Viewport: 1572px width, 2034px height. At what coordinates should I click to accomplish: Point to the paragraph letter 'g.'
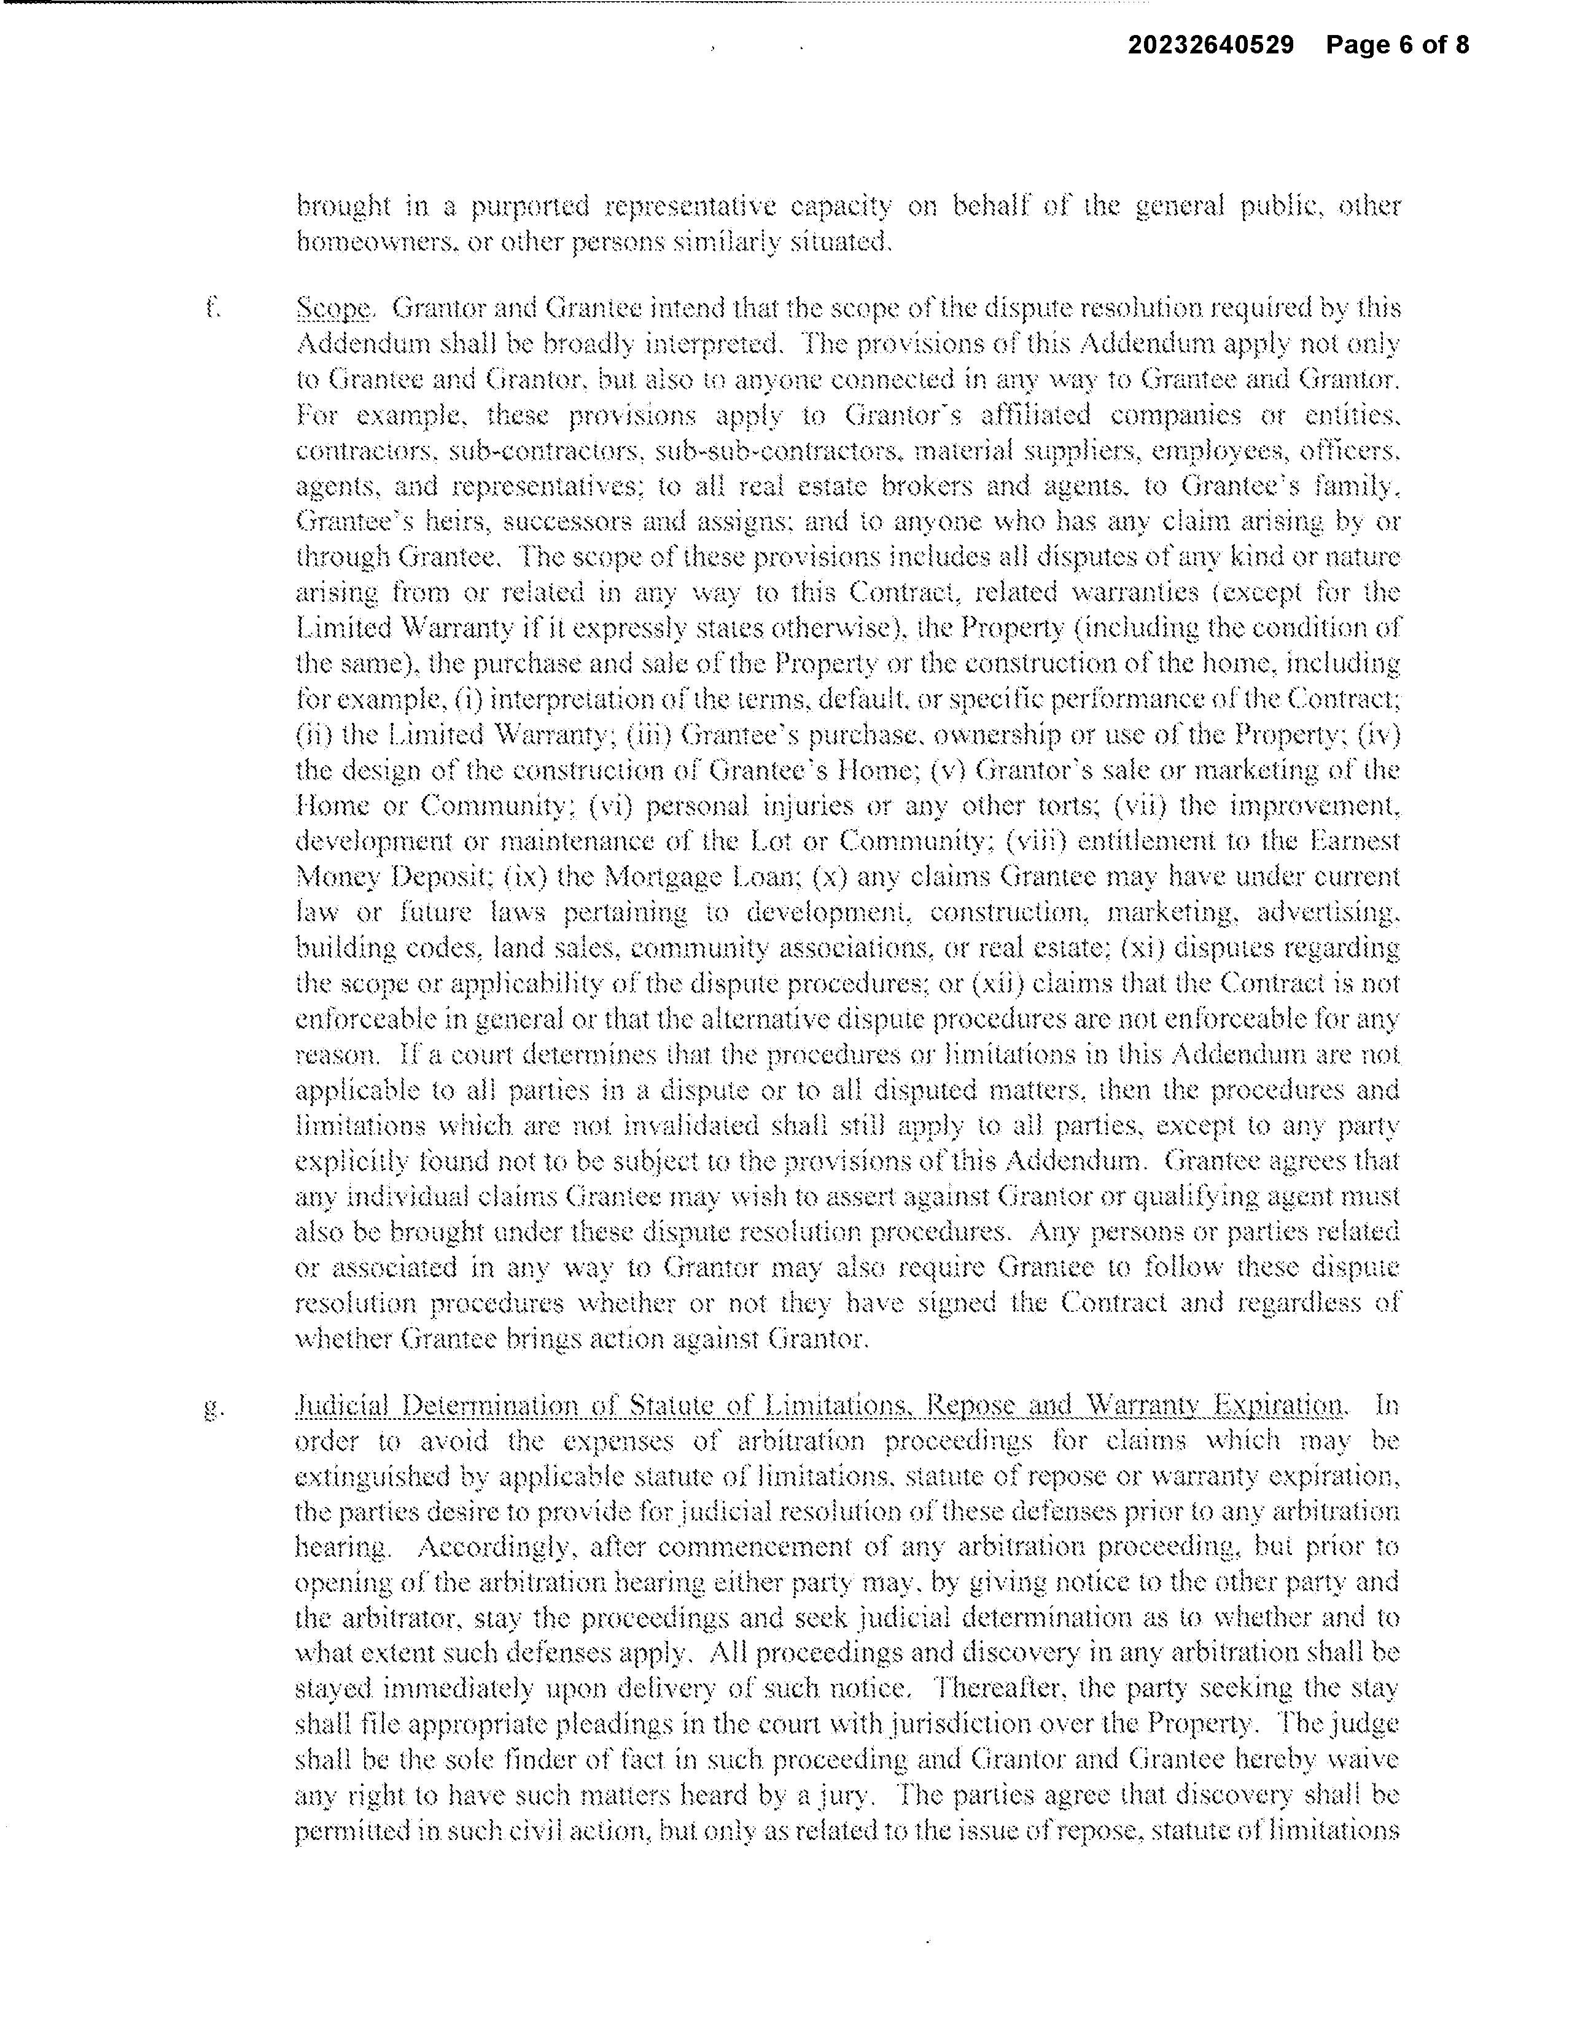(x=213, y=1408)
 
